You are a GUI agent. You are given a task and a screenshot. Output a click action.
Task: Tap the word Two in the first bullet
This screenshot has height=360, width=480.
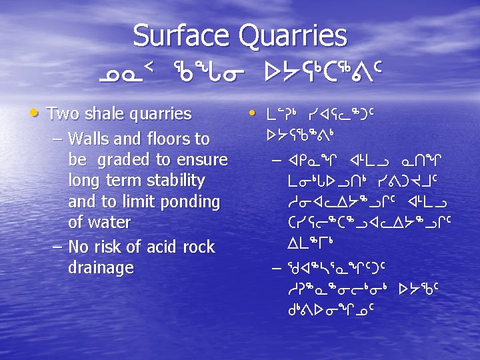point(63,114)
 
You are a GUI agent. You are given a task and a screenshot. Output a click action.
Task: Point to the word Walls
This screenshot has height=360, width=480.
point(88,139)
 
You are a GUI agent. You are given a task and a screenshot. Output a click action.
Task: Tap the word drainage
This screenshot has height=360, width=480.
point(101,268)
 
